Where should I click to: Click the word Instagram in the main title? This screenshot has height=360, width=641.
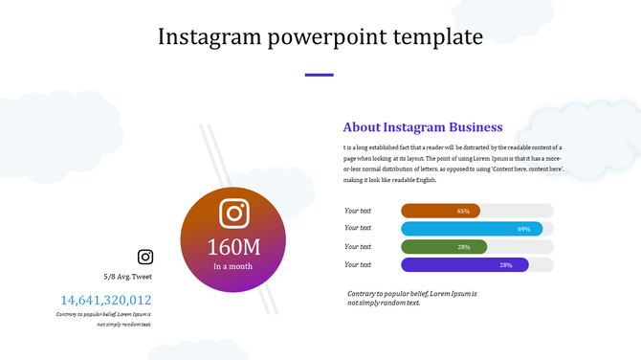pyautogui.click(x=209, y=37)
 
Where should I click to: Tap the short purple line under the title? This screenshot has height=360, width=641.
pyautogui.click(x=319, y=75)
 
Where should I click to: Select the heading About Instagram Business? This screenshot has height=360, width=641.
pyautogui.click(x=422, y=127)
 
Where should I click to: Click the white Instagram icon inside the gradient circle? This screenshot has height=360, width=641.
pyautogui.click(x=234, y=213)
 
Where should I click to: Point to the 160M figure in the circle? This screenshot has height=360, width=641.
pyautogui.click(x=234, y=246)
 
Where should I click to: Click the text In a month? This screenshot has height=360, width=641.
pyautogui.click(x=232, y=266)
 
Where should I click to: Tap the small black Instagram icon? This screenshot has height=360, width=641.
pyautogui.click(x=145, y=257)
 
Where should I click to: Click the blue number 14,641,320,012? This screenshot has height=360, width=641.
pyautogui.click(x=106, y=300)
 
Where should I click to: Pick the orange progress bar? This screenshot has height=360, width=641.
pyautogui.click(x=440, y=211)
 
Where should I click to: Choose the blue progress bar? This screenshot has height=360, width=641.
pyautogui.click(x=472, y=229)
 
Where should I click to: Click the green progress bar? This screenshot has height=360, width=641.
pyautogui.click(x=444, y=247)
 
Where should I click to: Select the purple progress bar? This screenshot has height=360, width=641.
pyautogui.click(x=465, y=265)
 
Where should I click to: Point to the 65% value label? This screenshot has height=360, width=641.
pyautogui.click(x=463, y=211)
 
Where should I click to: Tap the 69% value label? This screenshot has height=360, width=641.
pyautogui.click(x=523, y=229)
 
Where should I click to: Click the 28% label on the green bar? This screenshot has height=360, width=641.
pyautogui.click(x=464, y=247)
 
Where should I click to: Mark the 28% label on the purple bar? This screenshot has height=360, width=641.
pyautogui.click(x=506, y=265)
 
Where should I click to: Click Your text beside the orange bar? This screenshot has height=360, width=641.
pyautogui.click(x=358, y=211)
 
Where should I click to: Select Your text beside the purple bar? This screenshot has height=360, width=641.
pyautogui.click(x=358, y=265)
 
